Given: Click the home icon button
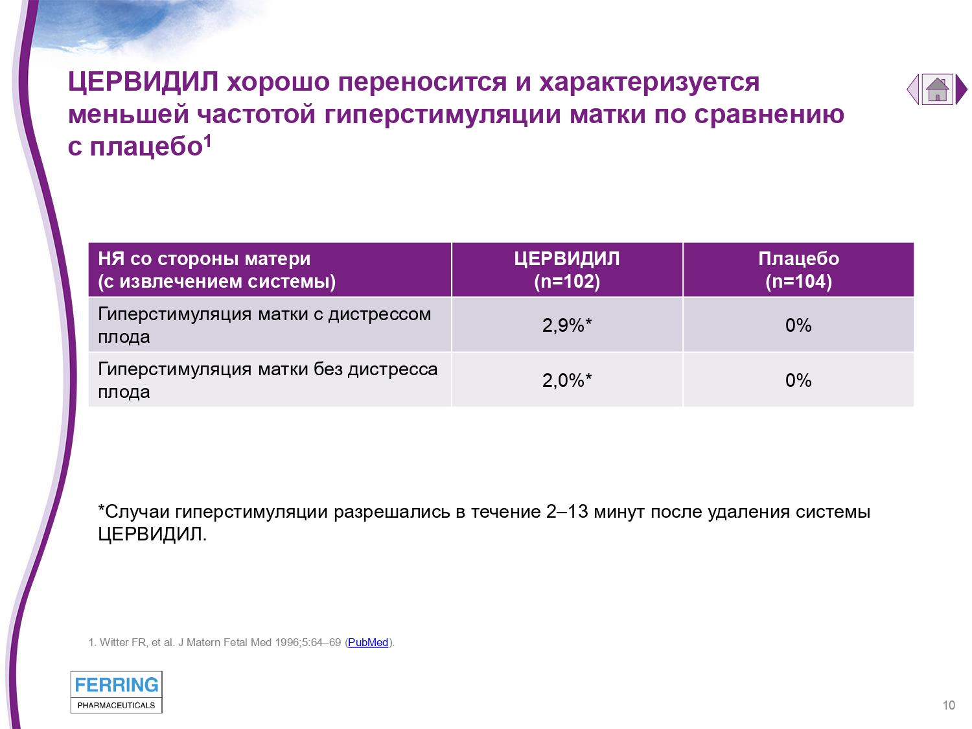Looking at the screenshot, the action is pos(937,89).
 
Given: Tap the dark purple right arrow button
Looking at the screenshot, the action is pos(961,89).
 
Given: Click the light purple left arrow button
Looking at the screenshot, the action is pos(913,89).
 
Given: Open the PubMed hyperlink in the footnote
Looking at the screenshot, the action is pos(367,642).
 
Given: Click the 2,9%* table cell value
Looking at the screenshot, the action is pos(567,325).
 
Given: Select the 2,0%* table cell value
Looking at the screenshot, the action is pos(567,380).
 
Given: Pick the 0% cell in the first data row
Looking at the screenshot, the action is pos(798,325).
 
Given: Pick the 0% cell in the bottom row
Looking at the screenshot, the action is pos(798,380).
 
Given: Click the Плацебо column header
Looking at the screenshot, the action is pos(798,259).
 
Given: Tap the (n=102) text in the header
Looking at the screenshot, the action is pos(567,281).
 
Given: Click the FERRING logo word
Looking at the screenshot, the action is pos(117,685).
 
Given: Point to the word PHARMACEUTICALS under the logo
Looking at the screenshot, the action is pos(116,705).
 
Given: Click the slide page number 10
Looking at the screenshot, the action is pos(949,705).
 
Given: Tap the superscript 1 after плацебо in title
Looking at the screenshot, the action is pos(207,141).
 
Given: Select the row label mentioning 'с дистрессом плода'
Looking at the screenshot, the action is pos(264,325).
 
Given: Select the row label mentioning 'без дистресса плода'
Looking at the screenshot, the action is pos(268,380).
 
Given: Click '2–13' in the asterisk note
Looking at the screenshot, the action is pos(567,512).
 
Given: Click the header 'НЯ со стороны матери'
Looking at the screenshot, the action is pos(204,259).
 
